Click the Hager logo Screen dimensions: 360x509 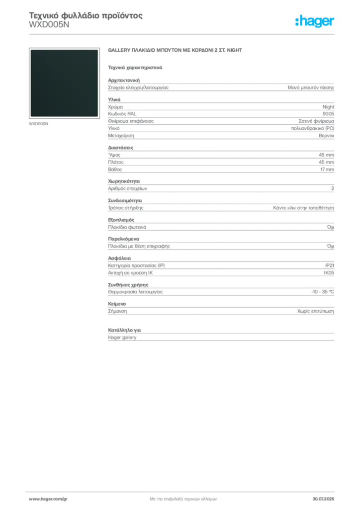coord(315,21)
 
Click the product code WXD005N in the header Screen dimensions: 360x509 coord(49,25)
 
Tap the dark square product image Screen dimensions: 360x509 coord(64,83)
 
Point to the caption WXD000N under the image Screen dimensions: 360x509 coord(38,124)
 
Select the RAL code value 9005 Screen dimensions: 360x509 coord(328,114)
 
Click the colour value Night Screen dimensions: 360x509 coord(328,106)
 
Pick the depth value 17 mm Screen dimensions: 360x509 coord(327,169)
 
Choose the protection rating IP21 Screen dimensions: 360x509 coord(330,265)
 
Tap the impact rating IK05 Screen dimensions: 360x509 coord(329,273)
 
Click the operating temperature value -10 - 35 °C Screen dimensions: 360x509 coord(323,291)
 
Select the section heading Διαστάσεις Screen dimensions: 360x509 coord(120,147)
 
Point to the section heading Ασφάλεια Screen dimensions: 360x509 coord(119,258)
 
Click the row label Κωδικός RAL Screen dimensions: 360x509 coord(122,114)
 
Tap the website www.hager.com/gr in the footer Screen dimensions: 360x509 coord(48,499)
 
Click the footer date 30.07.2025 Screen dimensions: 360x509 coord(323,499)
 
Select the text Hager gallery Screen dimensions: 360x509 coord(122,338)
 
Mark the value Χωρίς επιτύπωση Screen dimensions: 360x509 coord(316,311)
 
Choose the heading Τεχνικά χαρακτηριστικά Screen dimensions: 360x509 coord(135,68)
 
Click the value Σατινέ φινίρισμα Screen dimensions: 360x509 coord(316,121)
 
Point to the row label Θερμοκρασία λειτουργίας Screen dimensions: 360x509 coord(135,291)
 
